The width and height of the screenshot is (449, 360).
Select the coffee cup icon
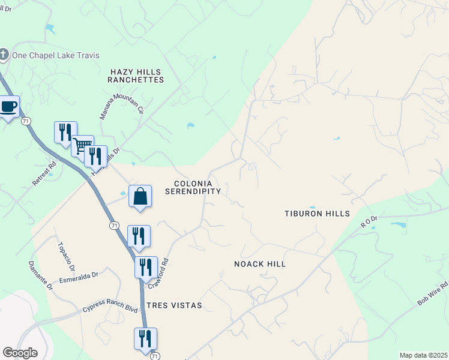[8, 106]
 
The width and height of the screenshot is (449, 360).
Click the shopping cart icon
[82, 145]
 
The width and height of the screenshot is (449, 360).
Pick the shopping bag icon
[140, 196]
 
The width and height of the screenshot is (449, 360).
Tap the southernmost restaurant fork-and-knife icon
[145, 338]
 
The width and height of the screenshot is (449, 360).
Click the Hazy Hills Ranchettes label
[137, 76]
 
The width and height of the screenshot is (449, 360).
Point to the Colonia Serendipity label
[198, 187]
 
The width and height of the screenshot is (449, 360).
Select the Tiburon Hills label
[316, 214]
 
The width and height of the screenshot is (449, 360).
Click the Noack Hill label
[259, 264]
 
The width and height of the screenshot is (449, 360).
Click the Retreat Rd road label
[45, 173]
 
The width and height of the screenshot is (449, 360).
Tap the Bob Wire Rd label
[433, 295]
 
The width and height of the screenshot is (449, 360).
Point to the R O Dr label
[369, 223]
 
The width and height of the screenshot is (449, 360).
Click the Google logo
[20, 353]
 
